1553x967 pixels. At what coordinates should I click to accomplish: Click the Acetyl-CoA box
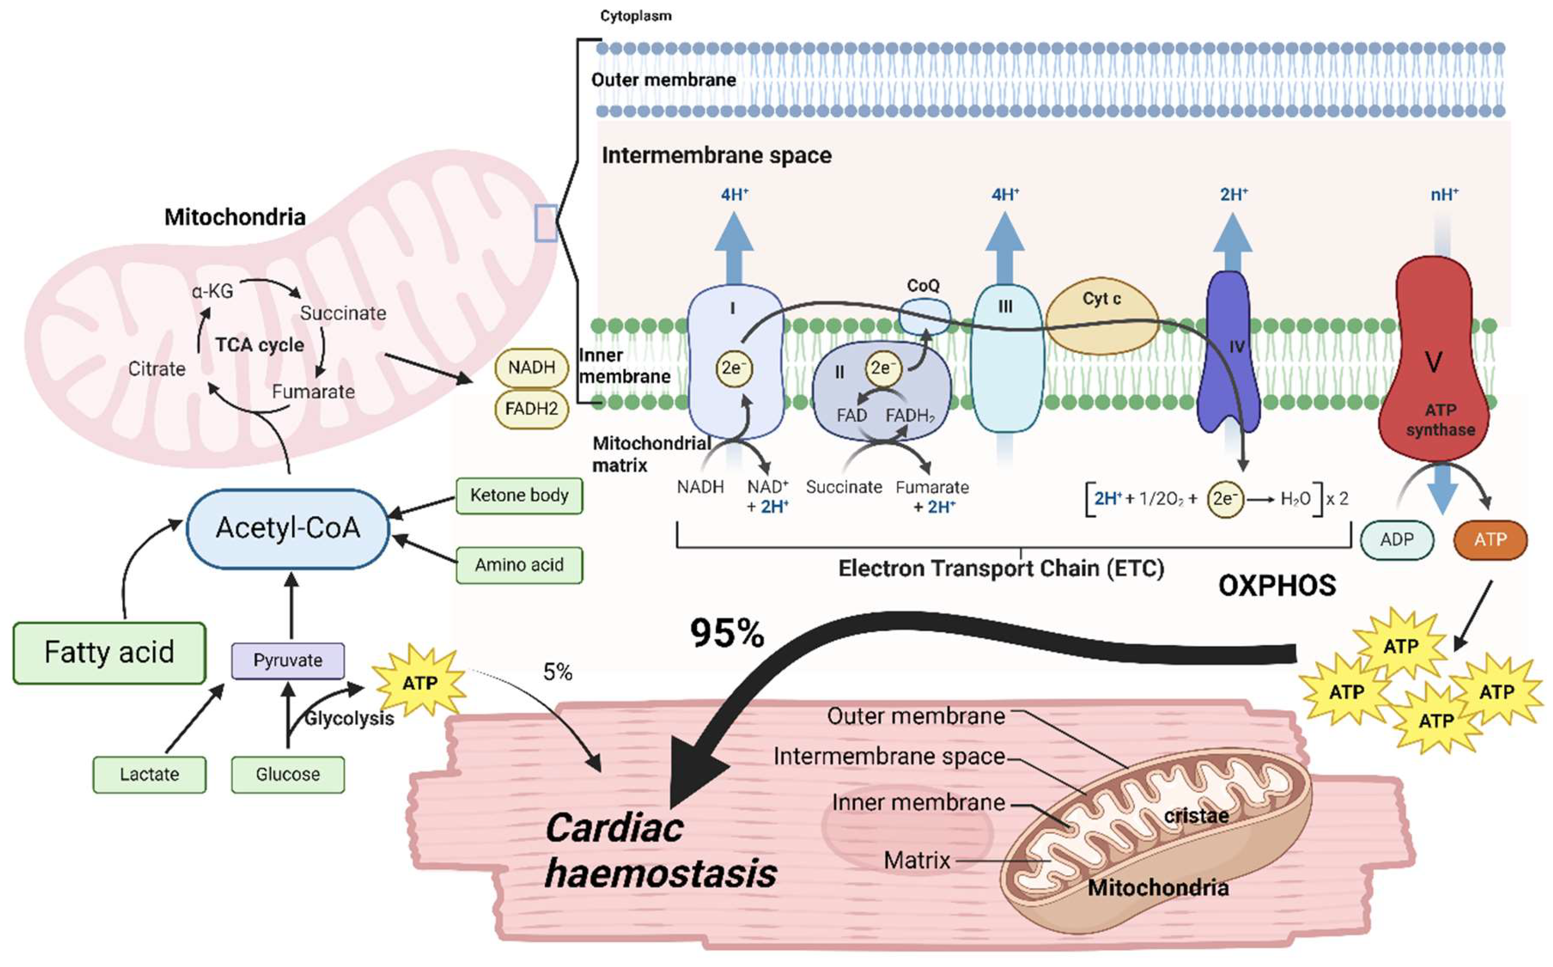tap(288, 529)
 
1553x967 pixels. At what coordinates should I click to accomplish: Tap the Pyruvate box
tap(288, 661)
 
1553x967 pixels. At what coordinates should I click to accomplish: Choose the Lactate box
tap(150, 775)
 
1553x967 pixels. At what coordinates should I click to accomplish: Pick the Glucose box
tap(288, 775)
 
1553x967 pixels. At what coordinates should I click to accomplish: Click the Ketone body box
tap(519, 496)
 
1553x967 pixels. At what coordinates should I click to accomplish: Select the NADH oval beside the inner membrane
tap(531, 368)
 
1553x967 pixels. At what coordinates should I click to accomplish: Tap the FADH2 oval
tap(531, 409)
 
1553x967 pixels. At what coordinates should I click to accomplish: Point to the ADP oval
tap(1396, 540)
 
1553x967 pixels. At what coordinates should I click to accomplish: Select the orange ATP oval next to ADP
tap(1490, 540)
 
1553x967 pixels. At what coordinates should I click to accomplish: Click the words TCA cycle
tap(259, 345)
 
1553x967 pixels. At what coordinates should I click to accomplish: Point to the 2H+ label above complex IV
tap(1233, 194)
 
